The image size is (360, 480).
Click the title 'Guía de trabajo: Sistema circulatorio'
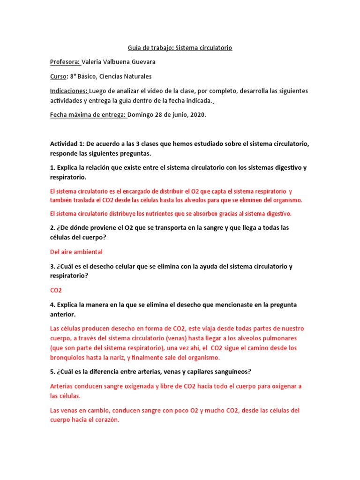(x=180, y=48)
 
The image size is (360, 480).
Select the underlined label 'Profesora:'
(x=65, y=62)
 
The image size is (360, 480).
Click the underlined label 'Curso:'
(x=59, y=76)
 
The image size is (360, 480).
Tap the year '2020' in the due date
(x=197, y=115)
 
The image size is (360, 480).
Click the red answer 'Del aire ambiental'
(x=76, y=252)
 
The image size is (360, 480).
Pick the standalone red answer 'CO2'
(x=56, y=290)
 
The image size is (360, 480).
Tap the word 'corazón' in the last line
(x=107, y=420)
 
